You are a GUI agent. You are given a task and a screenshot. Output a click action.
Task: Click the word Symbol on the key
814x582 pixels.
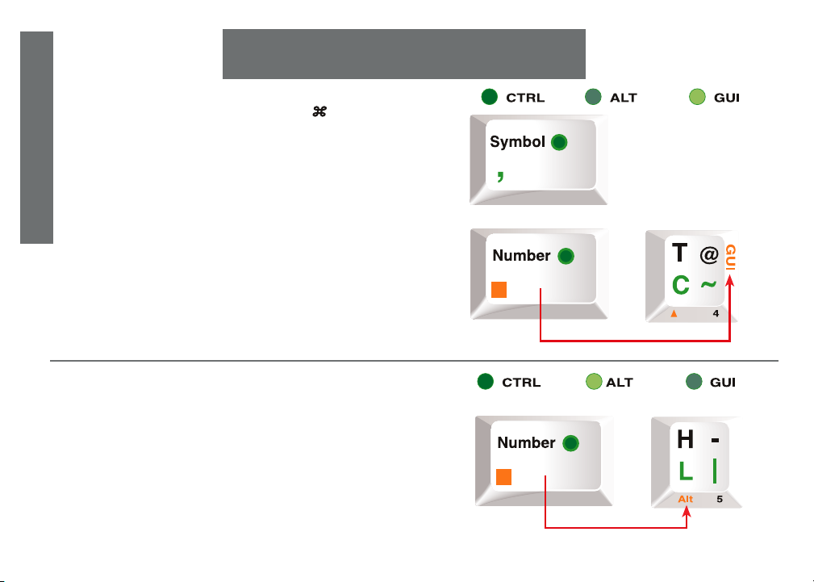coord(517,142)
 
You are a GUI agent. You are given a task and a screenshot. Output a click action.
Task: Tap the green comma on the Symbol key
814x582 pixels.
coord(500,176)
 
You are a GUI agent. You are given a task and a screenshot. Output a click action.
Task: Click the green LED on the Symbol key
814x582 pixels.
coord(559,143)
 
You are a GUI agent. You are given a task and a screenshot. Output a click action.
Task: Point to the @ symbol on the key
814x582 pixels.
coord(709,256)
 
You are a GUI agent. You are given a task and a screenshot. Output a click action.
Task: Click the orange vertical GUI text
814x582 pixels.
coord(730,258)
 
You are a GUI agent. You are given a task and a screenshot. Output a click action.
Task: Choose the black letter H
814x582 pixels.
coord(685,440)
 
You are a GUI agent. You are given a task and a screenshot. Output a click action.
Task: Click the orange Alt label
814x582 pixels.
coord(685,499)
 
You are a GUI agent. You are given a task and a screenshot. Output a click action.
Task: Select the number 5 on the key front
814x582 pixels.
coord(720,499)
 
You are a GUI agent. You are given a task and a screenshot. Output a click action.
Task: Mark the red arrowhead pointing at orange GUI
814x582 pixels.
coord(730,279)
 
